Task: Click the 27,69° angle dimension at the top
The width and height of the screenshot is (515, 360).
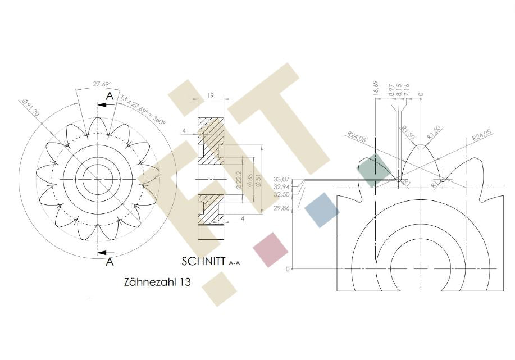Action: coord(102,84)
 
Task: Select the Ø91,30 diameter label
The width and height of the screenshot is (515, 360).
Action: coord(30,107)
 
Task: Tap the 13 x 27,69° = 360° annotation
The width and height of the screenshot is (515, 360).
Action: coord(142,110)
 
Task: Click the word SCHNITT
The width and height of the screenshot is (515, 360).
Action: coord(204,262)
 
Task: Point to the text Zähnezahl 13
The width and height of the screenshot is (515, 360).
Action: coord(157,282)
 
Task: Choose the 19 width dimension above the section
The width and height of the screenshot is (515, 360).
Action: coord(211,95)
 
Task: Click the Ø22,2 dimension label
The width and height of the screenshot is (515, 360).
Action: coord(239,180)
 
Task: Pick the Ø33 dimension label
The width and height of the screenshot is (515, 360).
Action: coord(250,181)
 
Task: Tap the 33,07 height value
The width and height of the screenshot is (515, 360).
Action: coord(281,179)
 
